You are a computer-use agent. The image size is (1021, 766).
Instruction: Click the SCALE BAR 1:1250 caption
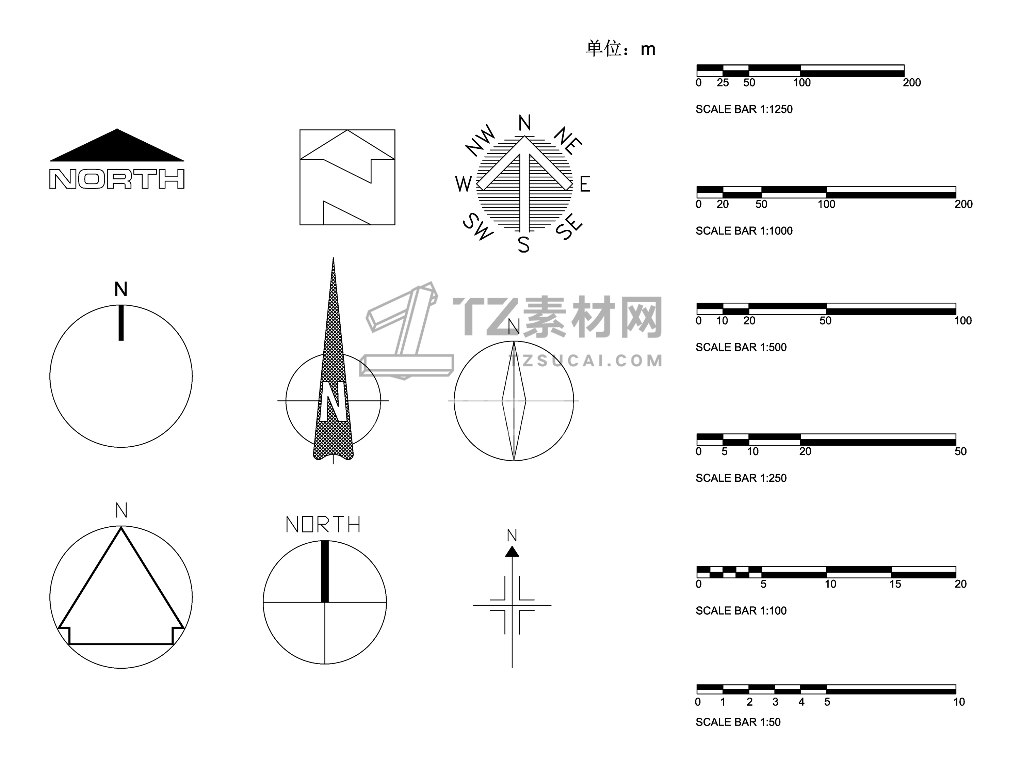pyautogui.click(x=744, y=109)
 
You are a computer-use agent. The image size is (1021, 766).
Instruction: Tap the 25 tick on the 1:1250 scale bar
pyautogui.click(x=723, y=83)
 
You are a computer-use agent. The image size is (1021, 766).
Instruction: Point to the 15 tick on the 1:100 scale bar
pyautogui.click(x=895, y=584)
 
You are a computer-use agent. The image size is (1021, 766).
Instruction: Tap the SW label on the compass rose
pyautogui.click(x=478, y=226)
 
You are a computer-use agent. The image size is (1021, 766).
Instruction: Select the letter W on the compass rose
pyautogui.click(x=464, y=184)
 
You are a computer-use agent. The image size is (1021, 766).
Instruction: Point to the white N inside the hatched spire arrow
pyautogui.click(x=333, y=401)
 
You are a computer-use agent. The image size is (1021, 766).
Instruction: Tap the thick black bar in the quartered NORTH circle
pyautogui.click(x=324, y=572)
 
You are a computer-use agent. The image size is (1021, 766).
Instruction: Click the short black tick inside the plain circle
pyautogui.click(x=121, y=323)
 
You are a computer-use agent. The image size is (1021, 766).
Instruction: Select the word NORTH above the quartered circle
pyautogui.click(x=323, y=525)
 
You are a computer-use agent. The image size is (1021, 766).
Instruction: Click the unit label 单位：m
pyautogui.click(x=620, y=48)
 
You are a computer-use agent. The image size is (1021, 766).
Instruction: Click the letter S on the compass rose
pyautogui.click(x=523, y=244)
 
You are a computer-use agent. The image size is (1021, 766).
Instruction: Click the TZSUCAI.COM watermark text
pyautogui.click(x=585, y=361)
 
